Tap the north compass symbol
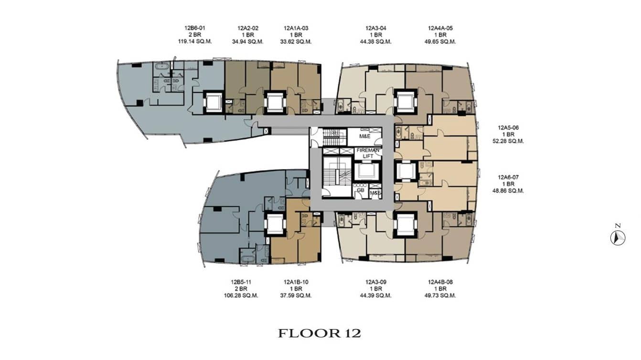click(618, 237)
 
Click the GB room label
click(360, 190)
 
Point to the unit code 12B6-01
click(194, 28)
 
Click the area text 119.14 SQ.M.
click(194, 42)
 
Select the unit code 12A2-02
click(248, 28)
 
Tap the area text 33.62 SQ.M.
click(296, 42)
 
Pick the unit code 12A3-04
click(375, 28)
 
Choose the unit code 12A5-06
click(508, 127)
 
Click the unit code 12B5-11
click(242, 282)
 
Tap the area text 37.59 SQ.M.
click(296, 295)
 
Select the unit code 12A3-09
click(375, 282)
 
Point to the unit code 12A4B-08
click(440, 282)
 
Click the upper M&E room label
click(365, 136)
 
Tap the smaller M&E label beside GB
click(375, 193)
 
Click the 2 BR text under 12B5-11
click(242, 288)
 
